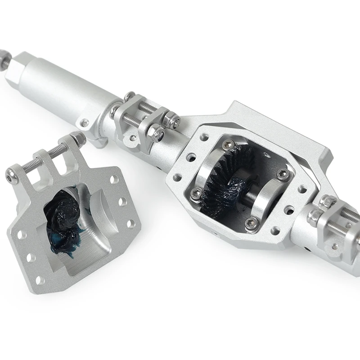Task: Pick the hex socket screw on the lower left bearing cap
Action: click(196, 194)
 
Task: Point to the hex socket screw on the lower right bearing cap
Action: click(252, 222)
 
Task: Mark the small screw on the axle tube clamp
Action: click(84, 123)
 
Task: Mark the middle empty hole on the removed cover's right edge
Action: click(123, 201)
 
